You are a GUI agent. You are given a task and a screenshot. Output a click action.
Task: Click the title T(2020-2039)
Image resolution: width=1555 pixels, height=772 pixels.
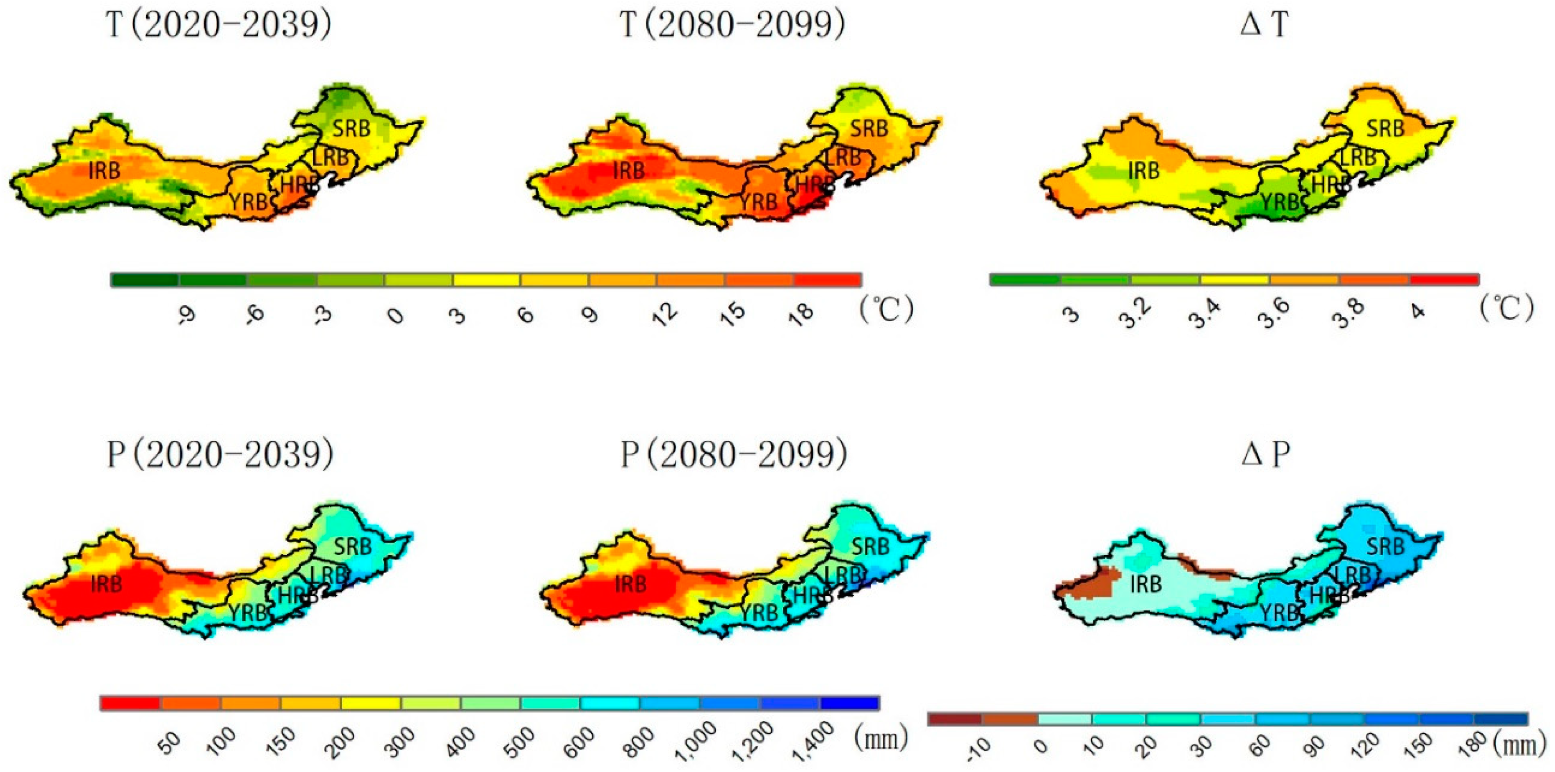[218, 26]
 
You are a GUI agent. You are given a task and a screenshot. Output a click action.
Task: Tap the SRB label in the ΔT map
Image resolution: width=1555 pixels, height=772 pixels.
[1385, 128]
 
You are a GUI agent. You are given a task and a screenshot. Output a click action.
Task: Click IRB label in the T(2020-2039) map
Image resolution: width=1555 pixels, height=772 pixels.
[104, 171]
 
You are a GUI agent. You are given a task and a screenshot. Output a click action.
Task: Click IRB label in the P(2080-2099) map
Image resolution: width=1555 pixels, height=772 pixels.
[631, 584]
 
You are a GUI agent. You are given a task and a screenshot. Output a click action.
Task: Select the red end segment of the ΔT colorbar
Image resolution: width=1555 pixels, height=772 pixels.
[1444, 279]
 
